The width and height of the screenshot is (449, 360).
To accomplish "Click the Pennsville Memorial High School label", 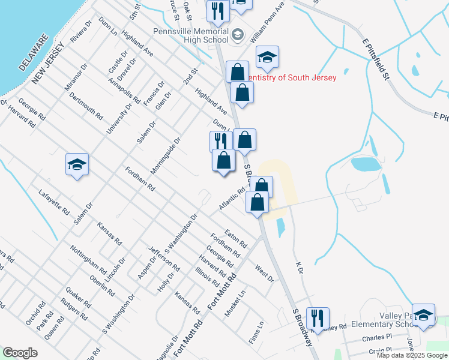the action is (x=191, y=35).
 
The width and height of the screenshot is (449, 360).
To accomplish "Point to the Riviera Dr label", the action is (x=83, y=31).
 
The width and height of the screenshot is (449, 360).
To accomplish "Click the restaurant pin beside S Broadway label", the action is (x=317, y=317).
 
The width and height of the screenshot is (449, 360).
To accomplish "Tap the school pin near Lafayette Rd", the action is (x=77, y=164).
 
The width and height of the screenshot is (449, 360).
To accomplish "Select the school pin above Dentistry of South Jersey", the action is (x=267, y=57).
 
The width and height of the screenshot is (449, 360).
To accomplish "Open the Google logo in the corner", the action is (x=20, y=353).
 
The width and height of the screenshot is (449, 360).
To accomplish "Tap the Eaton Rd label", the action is (x=236, y=239).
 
